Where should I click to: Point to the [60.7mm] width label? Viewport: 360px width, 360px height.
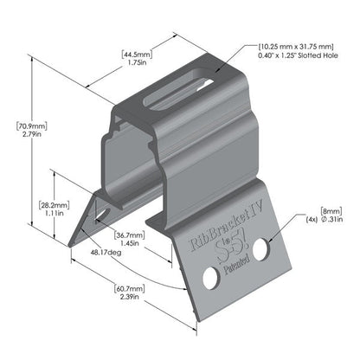[x=130, y=289]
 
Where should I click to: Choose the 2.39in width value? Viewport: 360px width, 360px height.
[x=130, y=300]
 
